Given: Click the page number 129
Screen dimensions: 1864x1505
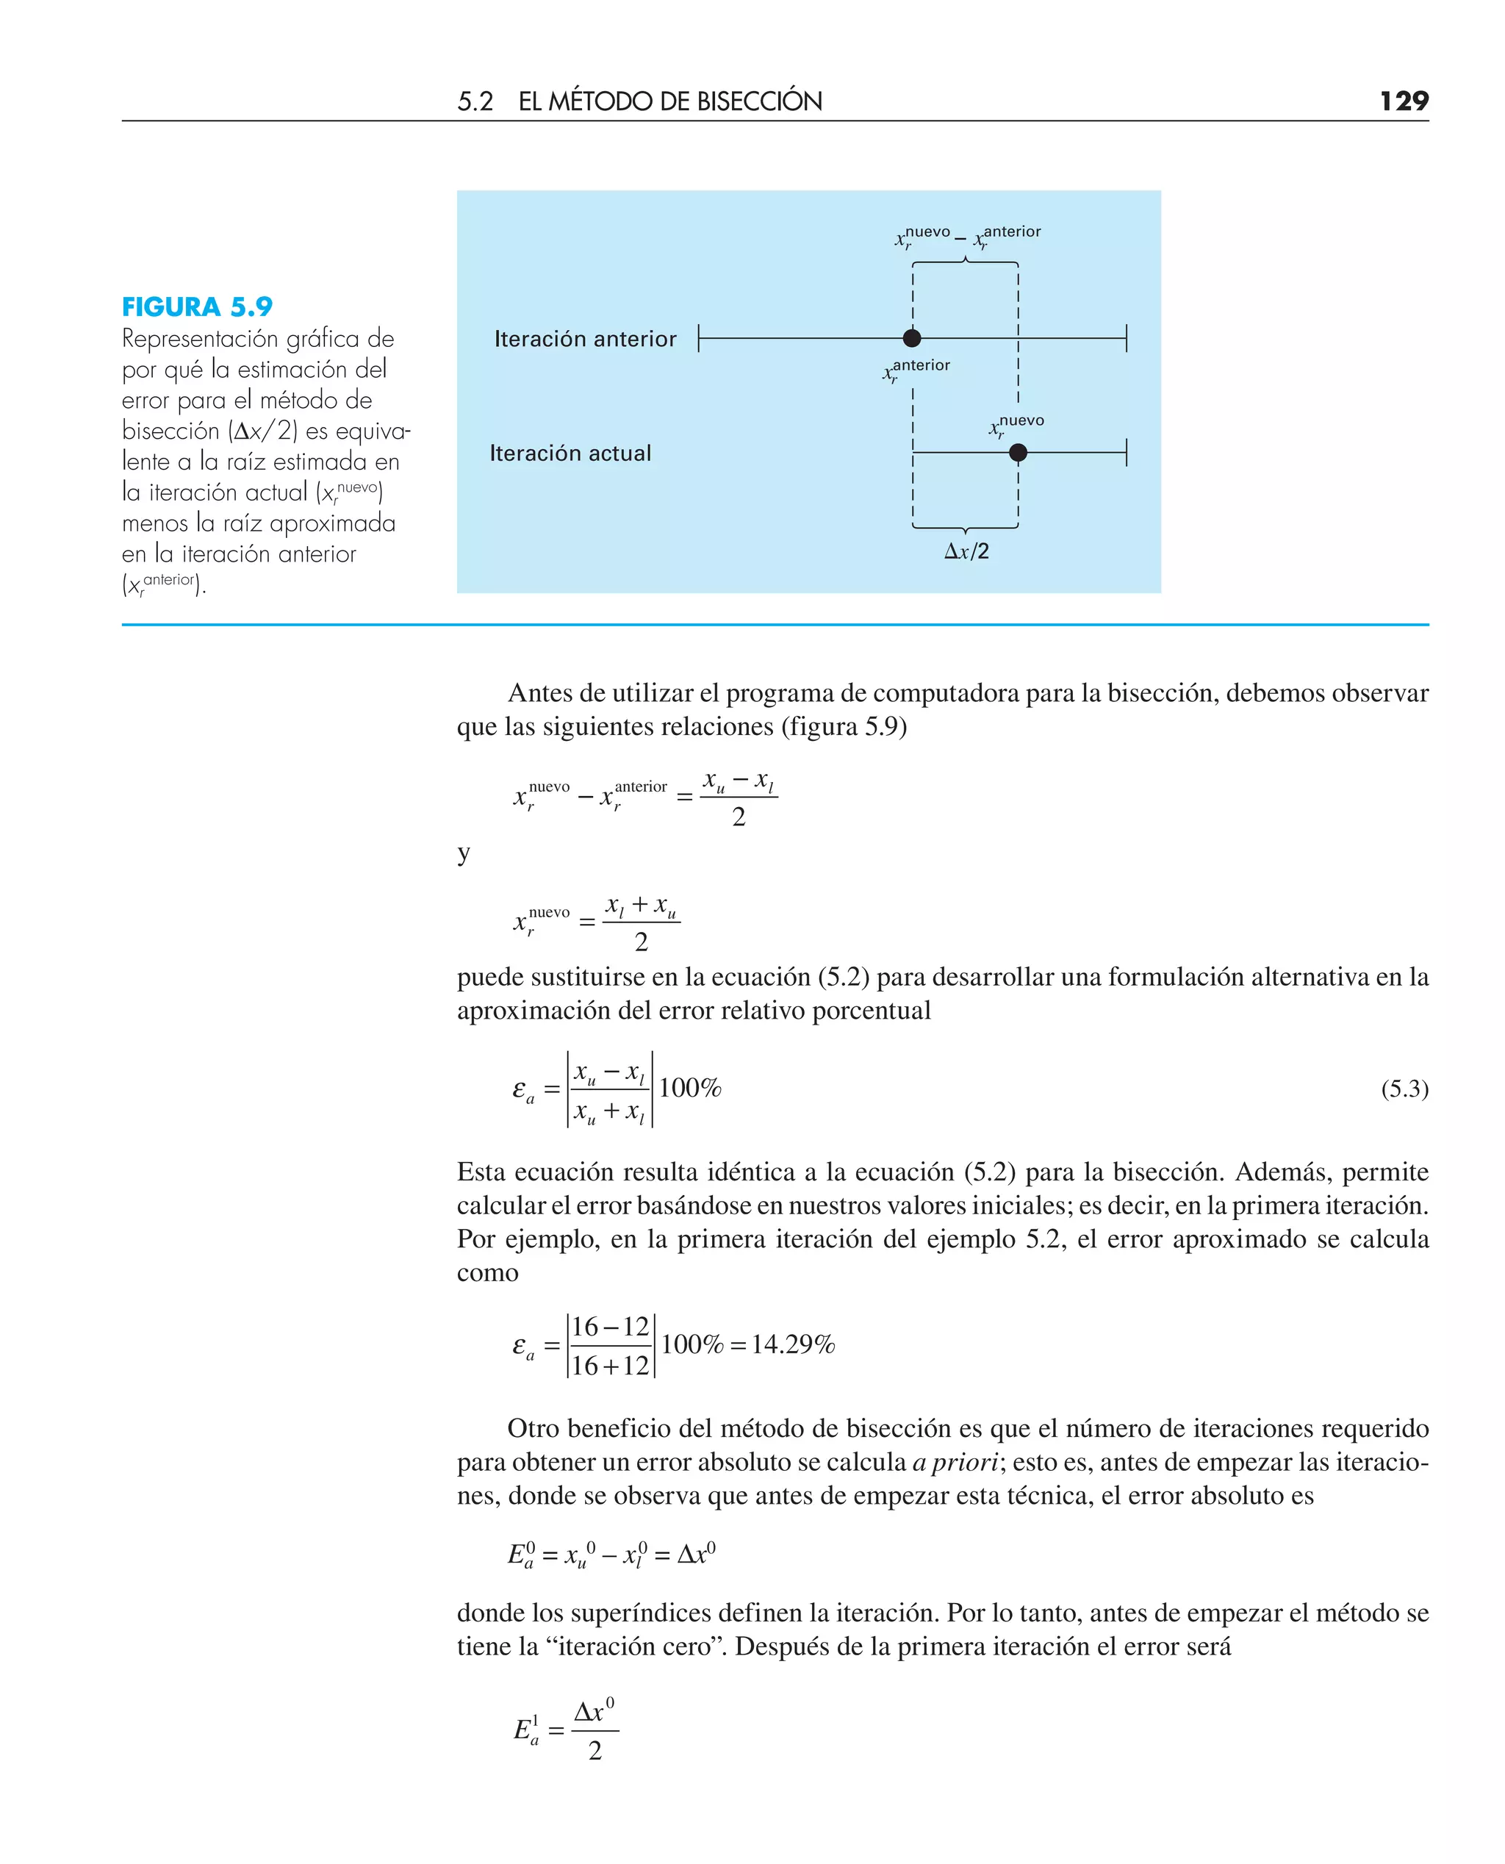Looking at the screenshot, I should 1404,101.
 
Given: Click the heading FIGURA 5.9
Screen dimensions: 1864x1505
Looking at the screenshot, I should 197,307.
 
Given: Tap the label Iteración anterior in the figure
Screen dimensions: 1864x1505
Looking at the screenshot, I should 585,339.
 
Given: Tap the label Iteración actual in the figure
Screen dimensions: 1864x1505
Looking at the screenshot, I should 570,454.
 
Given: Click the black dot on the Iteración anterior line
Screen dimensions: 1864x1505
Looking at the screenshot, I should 912,338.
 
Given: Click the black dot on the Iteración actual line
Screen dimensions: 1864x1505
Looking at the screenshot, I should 1018,453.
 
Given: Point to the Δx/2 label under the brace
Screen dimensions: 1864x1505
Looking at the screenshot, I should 966,551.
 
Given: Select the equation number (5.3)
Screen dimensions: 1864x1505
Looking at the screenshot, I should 1404,1088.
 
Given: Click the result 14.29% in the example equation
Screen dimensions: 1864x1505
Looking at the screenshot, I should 792,1344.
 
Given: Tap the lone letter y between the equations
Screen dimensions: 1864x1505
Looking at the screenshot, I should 464,853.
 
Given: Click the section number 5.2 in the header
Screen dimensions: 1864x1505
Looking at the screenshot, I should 475,101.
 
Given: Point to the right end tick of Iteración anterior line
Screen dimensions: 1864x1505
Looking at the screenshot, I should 1126,338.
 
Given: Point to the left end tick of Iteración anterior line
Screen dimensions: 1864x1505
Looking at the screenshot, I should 699,338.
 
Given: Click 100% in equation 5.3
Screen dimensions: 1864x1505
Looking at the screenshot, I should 690,1088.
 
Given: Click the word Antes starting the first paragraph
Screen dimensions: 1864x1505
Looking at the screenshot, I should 539,694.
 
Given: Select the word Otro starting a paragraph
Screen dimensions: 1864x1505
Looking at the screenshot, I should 534,1429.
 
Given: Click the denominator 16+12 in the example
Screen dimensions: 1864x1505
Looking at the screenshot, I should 611,1366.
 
